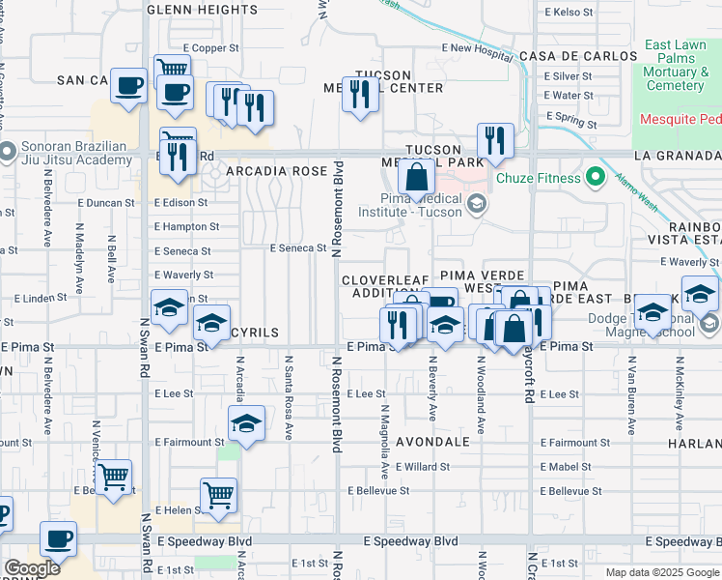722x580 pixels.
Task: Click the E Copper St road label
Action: coord(210,47)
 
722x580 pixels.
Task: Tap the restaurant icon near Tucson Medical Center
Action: coord(360,95)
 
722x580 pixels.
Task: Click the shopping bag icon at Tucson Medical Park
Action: coord(416,178)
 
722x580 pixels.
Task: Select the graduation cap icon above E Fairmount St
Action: coord(246,423)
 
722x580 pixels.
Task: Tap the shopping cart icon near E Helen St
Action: coord(219,496)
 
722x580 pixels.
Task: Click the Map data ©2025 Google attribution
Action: coord(661,572)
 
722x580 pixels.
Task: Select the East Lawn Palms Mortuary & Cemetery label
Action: coord(675,65)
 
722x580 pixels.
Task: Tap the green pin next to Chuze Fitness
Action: coord(596,177)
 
